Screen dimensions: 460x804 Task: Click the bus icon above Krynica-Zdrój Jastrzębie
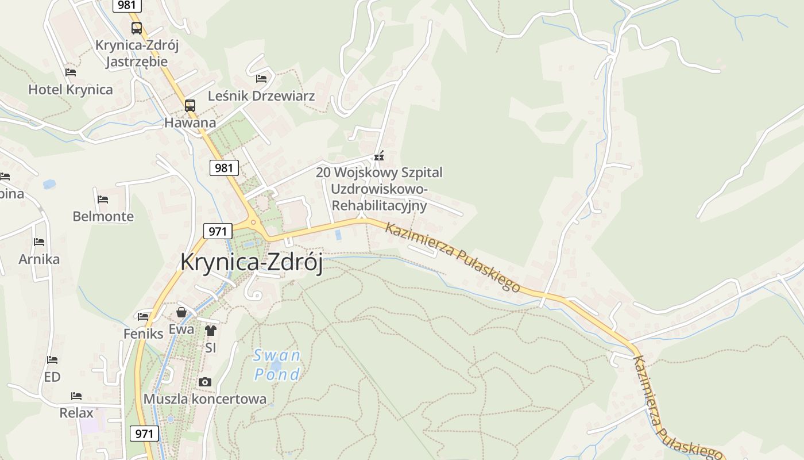(x=137, y=28)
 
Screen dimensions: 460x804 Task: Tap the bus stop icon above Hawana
(x=190, y=106)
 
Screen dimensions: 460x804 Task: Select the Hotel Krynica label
(x=71, y=90)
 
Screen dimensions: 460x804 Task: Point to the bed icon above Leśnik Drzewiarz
(x=261, y=78)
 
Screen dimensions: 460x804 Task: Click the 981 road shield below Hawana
(x=224, y=168)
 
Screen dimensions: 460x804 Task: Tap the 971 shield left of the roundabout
(x=218, y=231)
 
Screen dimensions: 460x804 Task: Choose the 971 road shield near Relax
(x=144, y=433)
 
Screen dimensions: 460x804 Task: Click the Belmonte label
(x=103, y=217)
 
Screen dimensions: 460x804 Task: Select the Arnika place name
(x=39, y=259)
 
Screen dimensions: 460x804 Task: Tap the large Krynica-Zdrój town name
(x=252, y=262)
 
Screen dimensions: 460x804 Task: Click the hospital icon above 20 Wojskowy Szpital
(x=378, y=156)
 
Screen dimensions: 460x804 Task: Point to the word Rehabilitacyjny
(x=380, y=205)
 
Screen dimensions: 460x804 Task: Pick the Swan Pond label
(x=277, y=365)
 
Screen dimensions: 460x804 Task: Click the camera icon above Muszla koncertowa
(x=204, y=382)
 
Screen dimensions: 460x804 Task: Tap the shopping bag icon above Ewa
(x=181, y=312)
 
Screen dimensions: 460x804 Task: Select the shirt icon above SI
(x=210, y=331)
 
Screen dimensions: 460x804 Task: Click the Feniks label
(x=143, y=333)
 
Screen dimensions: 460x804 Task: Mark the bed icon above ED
(x=52, y=360)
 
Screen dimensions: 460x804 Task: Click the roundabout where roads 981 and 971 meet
(x=253, y=223)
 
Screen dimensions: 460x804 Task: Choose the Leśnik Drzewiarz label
(x=261, y=96)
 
